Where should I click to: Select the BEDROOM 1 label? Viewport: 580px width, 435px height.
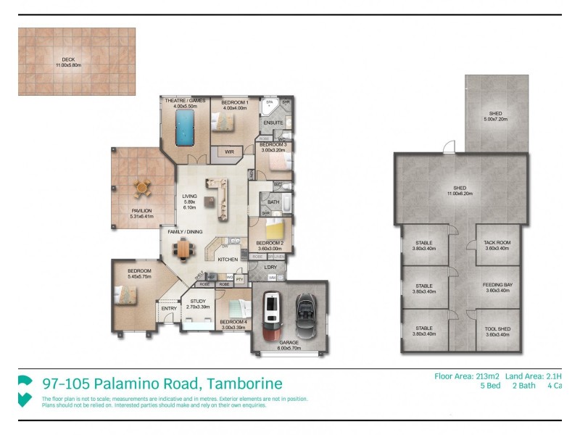pyautogui.click(x=234, y=103)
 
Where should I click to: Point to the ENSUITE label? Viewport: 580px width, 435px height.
pyautogui.click(x=273, y=123)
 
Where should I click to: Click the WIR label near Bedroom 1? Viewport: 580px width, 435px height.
pyautogui.click(x=229, y=152)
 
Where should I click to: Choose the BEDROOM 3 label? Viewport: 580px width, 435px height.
pyautogui.click(x=273, y=145)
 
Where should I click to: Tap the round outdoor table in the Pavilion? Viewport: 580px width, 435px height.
pyautogui.click(x=141, y=188)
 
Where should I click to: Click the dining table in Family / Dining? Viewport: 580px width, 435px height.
pyautogui.click(x=184, y=249)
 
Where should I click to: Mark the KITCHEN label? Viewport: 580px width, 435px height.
pyautogui.click(x=228, y=259)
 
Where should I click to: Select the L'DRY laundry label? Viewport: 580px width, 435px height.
pyautogui.click(x=270, y=267)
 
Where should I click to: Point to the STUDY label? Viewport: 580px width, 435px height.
pyautogui.click(x=198, y=301)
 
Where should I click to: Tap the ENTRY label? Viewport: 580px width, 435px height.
pyautogui.click(x=169, y=309)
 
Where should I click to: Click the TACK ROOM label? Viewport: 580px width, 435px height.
pyautogui.click(x=497, y=243)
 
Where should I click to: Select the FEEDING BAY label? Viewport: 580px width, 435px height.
pyautogui.click(x=497, y=285)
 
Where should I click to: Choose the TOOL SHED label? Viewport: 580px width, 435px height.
pyautogui.click(x=497, y=329)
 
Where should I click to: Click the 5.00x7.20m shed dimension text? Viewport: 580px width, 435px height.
pyautogui.click(x=496, y=118)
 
